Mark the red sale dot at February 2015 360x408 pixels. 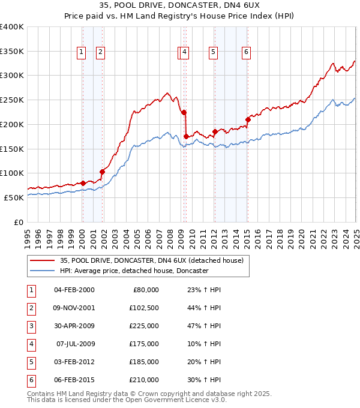tap(248, 119)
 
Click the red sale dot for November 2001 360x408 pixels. tap(103, 172)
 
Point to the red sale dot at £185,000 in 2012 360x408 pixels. tap(215, 131)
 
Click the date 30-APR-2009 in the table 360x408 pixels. tap(74, 326)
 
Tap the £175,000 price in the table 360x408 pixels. tap(145, 344)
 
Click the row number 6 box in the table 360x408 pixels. tap(31, 380)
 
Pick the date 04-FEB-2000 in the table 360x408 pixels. tap(74, 290)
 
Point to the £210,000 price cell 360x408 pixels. tap(145, 380)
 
